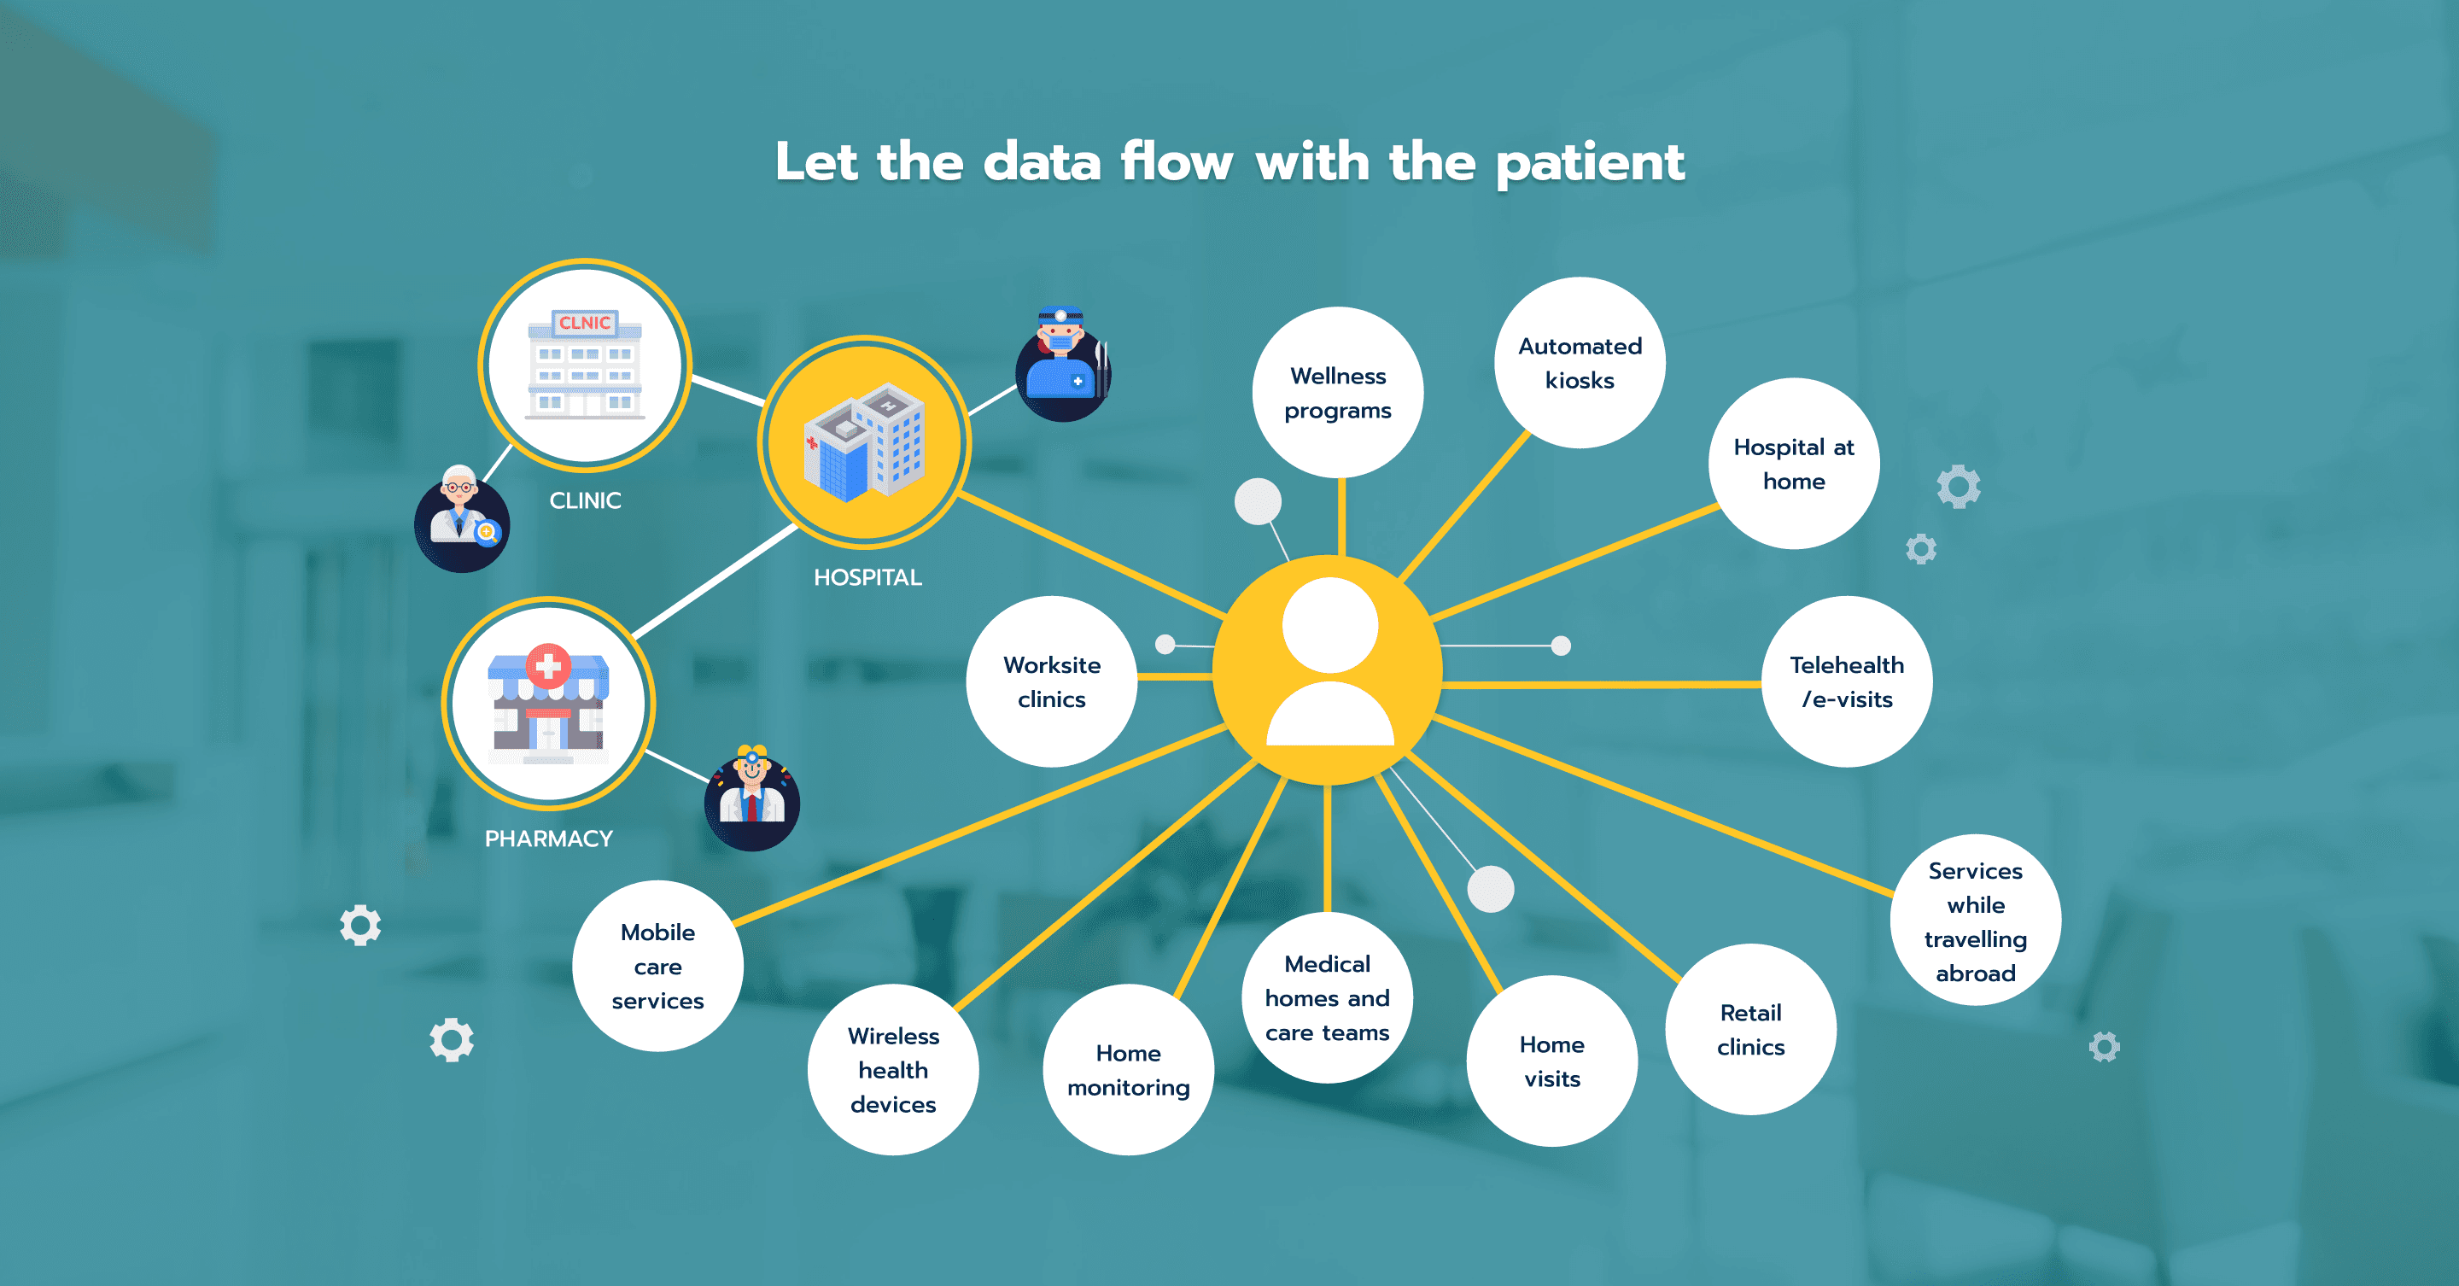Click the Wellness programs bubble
pos(1337,393)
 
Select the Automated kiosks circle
pos(1580,363)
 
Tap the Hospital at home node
pos(1794,464)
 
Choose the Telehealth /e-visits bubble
pos(1846,681)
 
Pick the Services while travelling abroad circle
pos(1975,921)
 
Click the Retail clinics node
pos(1750,1029)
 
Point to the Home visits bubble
pos(1552,1061)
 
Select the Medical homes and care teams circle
pos(1327,997)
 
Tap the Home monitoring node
pos(1128,1069)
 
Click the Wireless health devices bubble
pos(893,1069)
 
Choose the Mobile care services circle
pos(657,966)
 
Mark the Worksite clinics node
pos(1052,681)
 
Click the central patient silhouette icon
pos(1329,662)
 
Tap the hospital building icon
pos(864,442)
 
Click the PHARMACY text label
pos(549,839)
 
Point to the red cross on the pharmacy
pos(548,665)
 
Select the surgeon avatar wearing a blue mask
pos(1063,364)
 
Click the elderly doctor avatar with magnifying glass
pos(462,518)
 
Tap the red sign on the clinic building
pos(585,323)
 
